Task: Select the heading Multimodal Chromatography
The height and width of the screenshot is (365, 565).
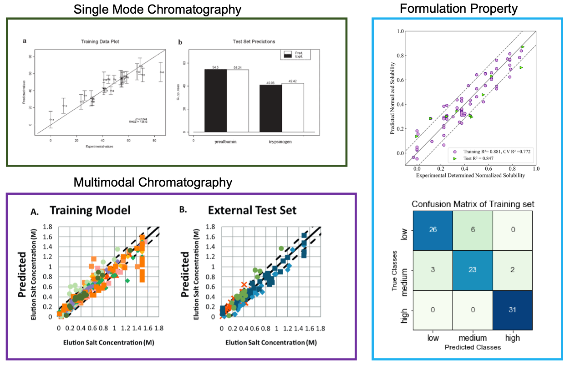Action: pos(153,182)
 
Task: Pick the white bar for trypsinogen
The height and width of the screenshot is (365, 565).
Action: pos(292,107)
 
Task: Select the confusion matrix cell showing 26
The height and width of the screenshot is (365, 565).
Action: pos(433,230)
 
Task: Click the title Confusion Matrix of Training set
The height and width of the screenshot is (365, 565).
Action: pos(473,204)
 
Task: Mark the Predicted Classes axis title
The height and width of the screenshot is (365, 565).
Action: pos(473,347)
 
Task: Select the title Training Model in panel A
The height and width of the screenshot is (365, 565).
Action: pos(90,210)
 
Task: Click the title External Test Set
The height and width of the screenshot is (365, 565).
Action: pos(252,210)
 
